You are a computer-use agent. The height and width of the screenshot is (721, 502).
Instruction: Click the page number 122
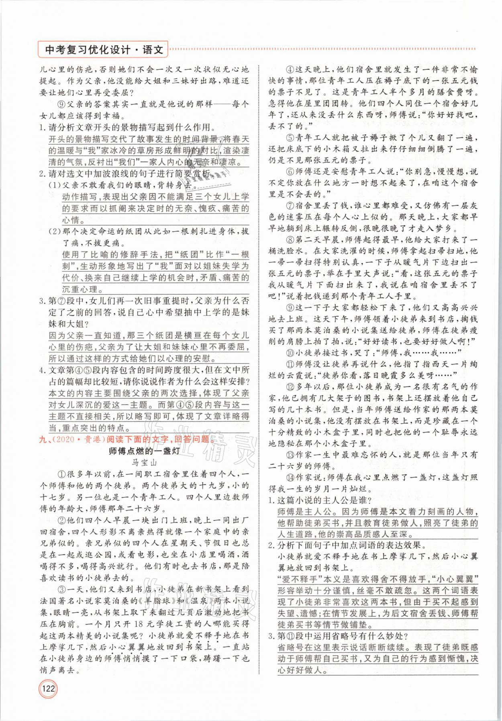[48, 701]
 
